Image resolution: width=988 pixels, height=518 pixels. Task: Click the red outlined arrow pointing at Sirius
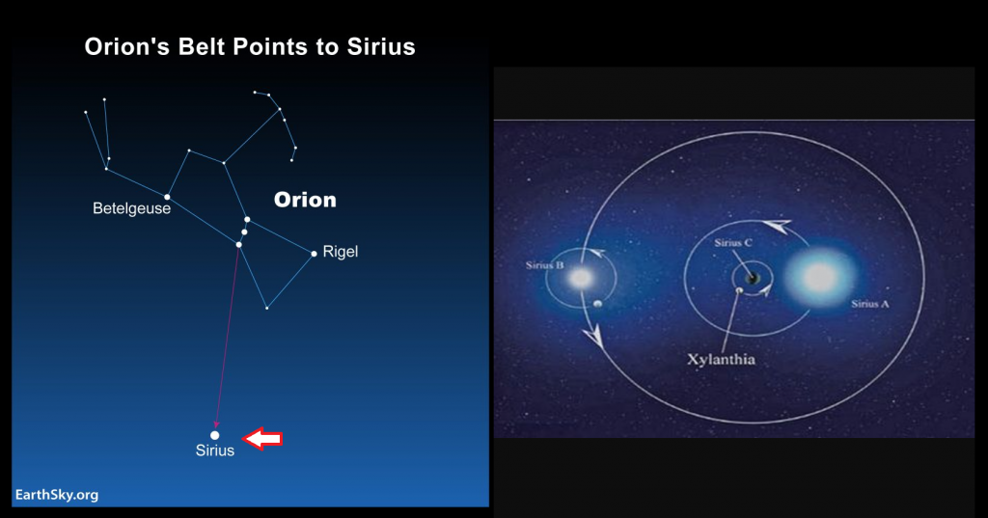262,439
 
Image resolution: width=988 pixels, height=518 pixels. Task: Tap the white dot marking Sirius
215,435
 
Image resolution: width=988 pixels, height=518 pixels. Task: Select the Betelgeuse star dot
167,197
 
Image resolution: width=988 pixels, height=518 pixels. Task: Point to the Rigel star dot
314,254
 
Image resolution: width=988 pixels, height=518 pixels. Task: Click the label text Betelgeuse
131,208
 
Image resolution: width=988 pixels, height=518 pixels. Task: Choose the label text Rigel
341,252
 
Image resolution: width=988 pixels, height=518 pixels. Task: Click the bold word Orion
305,200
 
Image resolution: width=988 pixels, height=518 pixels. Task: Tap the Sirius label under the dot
215,450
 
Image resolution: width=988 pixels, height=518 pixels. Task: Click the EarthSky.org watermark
57,495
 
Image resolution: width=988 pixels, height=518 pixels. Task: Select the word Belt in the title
205,46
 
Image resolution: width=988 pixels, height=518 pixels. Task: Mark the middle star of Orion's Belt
244,232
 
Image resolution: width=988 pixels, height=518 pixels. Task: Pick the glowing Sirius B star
580,277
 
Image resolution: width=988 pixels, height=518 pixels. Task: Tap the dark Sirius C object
751,278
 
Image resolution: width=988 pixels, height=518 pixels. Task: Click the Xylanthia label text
721,360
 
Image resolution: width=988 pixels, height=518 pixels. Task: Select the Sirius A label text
870,304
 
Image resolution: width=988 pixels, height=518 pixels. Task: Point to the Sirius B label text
544,265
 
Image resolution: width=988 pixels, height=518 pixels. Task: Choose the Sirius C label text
733,243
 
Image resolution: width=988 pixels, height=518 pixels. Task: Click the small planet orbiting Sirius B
597,304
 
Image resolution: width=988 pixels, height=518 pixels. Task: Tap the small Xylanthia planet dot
740,290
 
